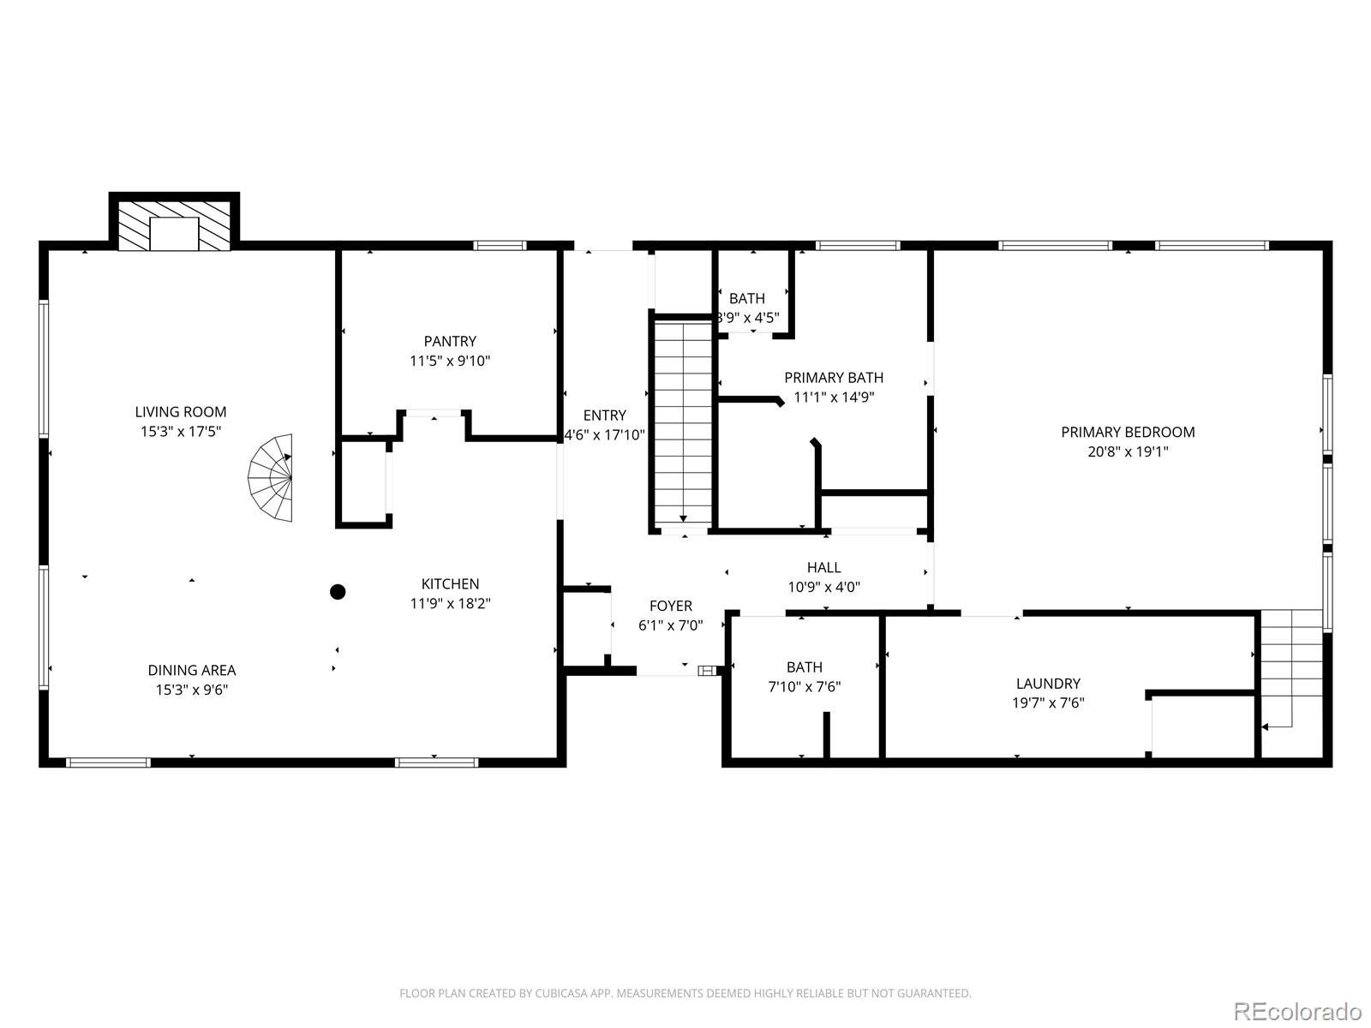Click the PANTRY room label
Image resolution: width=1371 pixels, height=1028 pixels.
pyautogui.click(x=450, y=341)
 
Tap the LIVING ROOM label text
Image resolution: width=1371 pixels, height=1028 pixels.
pyautogui.click(x=181, y=412)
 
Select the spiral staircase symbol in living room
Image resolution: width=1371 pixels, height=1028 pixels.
pyautogui.click(x=272, y=479)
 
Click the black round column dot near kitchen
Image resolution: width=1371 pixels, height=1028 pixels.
pyautogui.click(x=338, y=591)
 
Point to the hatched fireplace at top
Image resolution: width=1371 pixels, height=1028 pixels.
pyautogui.click(x=174, y=226)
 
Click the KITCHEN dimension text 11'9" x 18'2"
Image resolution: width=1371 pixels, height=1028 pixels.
pyautogui.click(x=450, y=603)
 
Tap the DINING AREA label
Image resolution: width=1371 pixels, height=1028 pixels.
pyautogui.click(x=191, y=670)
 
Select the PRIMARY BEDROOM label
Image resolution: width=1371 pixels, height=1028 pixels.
pyautogui.click(x=1128, y=432)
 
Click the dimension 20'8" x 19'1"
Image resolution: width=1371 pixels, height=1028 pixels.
pyautogui.click(x=1128, y=451)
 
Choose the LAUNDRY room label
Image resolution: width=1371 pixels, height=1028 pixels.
pyautogui.click(x=1048, y=684)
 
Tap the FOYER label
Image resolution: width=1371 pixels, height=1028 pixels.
pyautogui.click(x=671, y=606)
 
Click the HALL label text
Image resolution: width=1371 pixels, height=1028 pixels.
pyautogui.click(x=823, y=567)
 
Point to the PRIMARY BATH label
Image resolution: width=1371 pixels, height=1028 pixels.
pyautogui.click(x=834, y=377)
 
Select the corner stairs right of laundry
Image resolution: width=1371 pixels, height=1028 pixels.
pyautogui.click(x=1291, y=668)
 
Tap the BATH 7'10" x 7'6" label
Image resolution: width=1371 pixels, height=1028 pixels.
pyautogui.click(x=805, y=666)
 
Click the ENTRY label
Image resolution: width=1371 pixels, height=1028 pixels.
pyautogui.click(x=605, y=415)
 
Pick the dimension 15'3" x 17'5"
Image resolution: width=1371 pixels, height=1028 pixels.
pyautogui.click(x=181, y=432)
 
